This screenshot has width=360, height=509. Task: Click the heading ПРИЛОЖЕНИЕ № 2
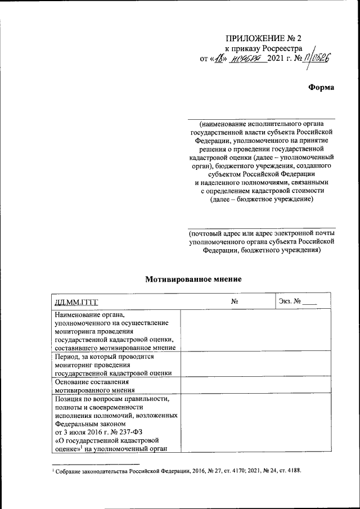pos(264,39)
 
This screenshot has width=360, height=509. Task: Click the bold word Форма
pos(321,87)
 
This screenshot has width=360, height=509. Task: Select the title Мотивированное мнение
pos(193,278)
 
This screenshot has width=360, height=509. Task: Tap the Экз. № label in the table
pos(290,303)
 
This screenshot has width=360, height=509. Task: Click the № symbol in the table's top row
pos(235,303)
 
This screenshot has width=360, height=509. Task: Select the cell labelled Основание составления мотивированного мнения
pos(94,385)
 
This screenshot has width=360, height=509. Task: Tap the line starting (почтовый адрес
pos(263,233)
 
